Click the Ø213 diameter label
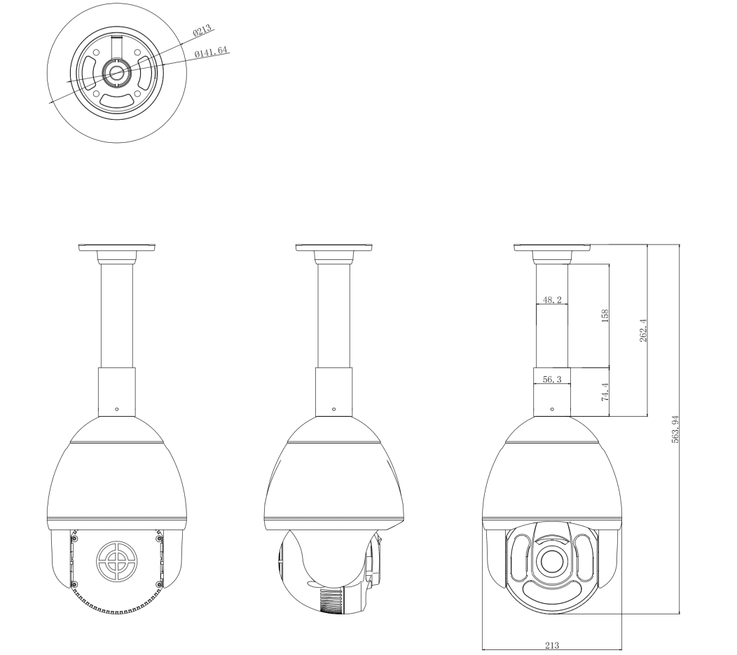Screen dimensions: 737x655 [x=202, y=31]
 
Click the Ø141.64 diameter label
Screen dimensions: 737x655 [x=211, y=50]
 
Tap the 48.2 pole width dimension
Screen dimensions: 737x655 [x=552, y=300]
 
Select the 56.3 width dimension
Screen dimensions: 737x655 [x=552, y=379]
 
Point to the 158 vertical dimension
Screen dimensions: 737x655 [x=605, y=315]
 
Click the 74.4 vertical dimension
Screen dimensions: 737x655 [x=605, y=392]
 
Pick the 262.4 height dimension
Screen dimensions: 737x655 [x=643, y=331]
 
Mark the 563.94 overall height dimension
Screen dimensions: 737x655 [x=675, y=429]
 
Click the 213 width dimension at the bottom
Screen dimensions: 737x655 [x=552, y=646]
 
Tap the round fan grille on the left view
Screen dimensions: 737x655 [x=116, y=560]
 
